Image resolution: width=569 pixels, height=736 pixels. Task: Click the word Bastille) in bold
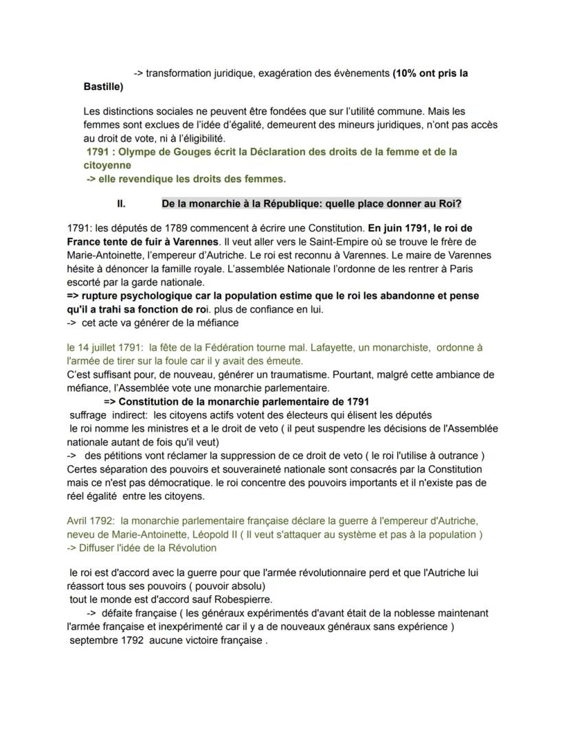coord(103,87)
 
